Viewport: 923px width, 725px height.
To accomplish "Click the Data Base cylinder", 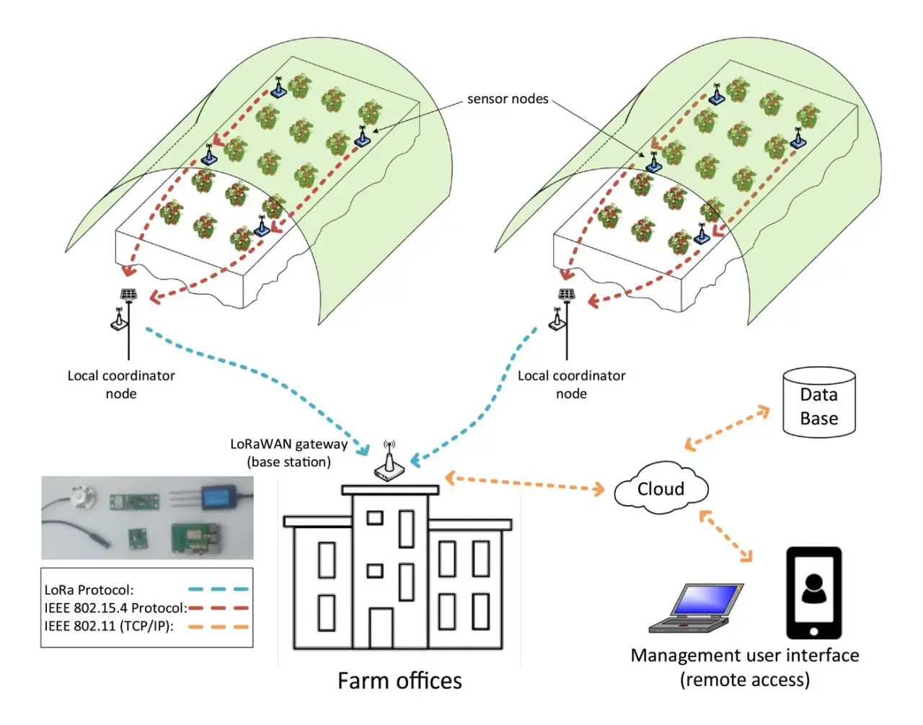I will (x=818, y=404).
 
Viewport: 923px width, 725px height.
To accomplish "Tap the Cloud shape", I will (x=661, y=489).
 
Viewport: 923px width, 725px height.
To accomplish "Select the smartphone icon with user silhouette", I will (x=813, y=592).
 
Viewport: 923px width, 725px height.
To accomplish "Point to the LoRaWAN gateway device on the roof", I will (x=389, y=464).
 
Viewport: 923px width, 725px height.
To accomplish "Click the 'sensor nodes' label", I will (x=507, y=99).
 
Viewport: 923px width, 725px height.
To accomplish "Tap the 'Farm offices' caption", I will (x=399, y=680).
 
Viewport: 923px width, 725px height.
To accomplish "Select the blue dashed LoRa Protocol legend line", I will (x=218, y=590).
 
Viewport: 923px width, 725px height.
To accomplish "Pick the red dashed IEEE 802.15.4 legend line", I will (x=218, y=608).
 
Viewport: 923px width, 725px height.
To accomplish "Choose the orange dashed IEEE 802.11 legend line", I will (x=218, y=626).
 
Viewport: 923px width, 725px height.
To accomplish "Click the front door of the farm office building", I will (x=381, y=628).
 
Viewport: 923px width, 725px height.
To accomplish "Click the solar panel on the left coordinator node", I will (x=129, y=294).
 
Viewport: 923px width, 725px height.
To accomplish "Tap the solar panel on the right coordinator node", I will (x=567, y=294).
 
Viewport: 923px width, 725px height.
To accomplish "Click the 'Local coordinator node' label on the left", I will (x=121, y=384).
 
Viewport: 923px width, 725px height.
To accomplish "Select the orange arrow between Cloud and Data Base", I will (x=727, y=428).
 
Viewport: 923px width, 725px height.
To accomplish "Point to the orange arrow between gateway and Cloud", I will (x=525, y=484).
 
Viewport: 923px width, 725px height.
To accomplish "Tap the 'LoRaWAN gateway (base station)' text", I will (x=288, y=453).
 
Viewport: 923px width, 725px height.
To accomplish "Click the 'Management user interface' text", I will (x=744, y=656).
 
